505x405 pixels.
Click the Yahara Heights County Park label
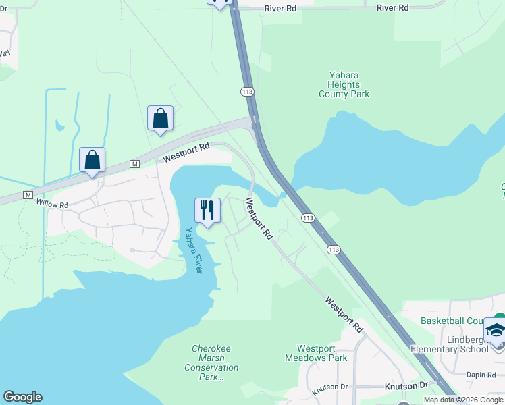click(x=344, y=85)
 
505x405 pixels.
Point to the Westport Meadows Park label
click(x=316, y=353)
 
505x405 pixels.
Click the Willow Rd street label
click(x=53, y=204)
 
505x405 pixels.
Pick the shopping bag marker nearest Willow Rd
click(x=92, y=161)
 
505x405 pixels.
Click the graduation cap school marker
click(x=496, y=331)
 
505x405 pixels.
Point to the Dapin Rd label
click(x=481, y=374)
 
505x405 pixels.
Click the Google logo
click(x=22, y=397)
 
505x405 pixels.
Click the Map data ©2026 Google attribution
click(x=463, y=400)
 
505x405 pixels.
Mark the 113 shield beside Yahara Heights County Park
click(x=246, y=90)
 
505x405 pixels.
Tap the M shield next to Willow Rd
click(x=28, y=194)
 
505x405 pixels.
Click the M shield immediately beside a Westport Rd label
click(x=134, y=164)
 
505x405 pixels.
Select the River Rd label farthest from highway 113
click(x=393, y=8)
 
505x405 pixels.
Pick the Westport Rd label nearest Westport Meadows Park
click(x=343, y=315)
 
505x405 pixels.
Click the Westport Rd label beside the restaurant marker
click(x=259, y=219)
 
